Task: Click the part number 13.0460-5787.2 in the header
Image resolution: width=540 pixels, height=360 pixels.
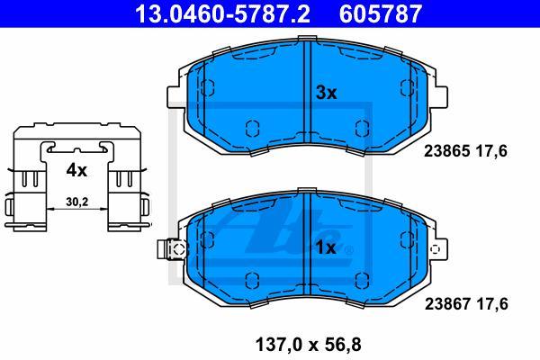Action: coord(222,13)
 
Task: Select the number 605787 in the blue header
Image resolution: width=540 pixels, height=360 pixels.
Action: coord(381,13)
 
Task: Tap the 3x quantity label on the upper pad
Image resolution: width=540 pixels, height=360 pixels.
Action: coord(326,93)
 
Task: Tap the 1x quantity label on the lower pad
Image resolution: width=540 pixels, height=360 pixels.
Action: coord(326,247)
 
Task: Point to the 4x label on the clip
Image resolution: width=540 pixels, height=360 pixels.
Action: coord(76,170)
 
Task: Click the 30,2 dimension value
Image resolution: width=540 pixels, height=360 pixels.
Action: coord(77,202)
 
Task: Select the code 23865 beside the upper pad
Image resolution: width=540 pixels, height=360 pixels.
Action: coord(446,151)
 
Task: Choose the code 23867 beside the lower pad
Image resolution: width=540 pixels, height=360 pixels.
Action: coord(447,304)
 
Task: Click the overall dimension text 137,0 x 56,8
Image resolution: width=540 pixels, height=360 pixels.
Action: coord(308,345)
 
